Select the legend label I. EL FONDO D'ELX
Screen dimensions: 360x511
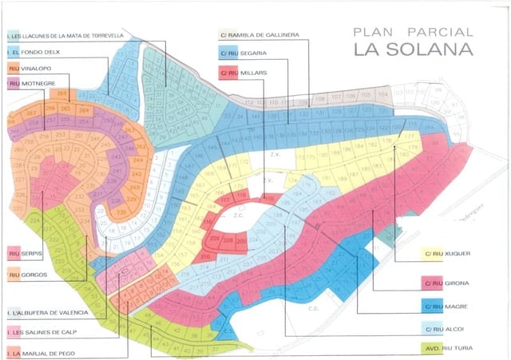click(x=33, y=52)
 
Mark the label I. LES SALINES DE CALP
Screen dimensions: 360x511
click(x=46, y=331)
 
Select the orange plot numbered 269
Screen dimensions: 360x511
click(x=61, y=93)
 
